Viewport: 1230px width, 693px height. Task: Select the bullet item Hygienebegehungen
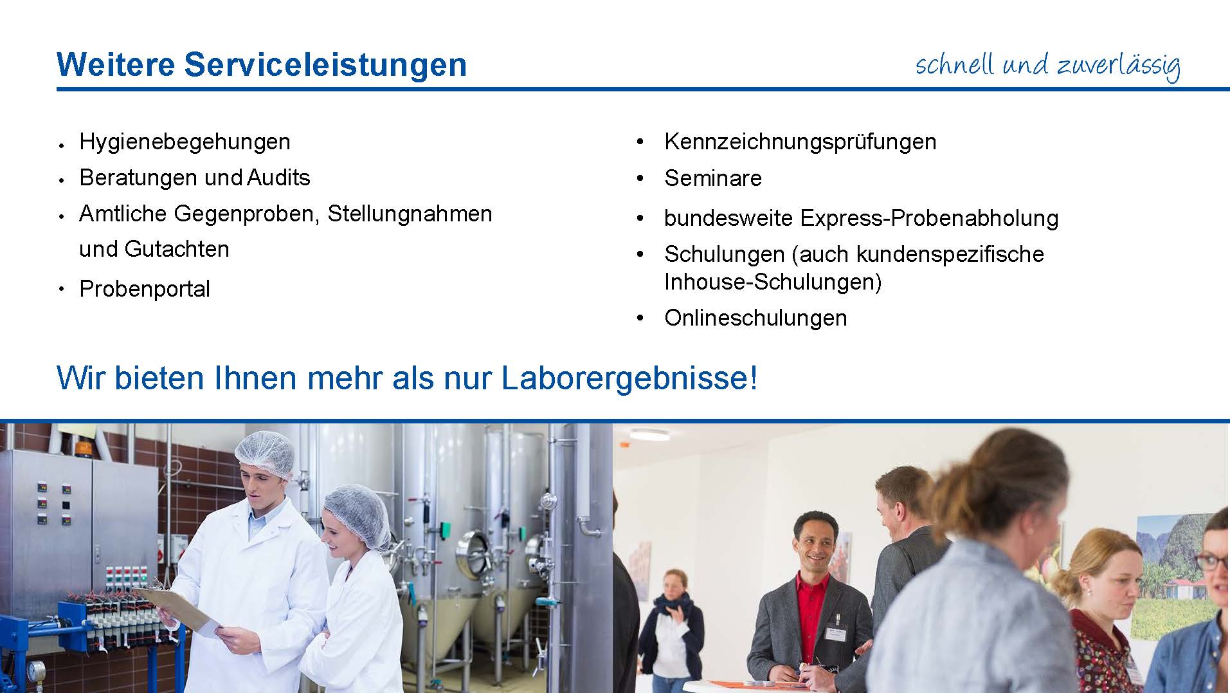pyautogui.click(x=185, y=142)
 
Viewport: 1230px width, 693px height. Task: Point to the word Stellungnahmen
pyautogui.click(x=410, y=214)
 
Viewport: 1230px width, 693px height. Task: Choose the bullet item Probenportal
pyautogui.click(x=145, y=289)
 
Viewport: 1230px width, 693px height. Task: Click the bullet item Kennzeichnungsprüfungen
pyautogui.click(x=800, y=142)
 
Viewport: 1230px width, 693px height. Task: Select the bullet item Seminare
pyautogui.click(x=713, y=178)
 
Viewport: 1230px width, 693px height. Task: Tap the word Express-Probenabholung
pyautogui.click(x=929, y=219)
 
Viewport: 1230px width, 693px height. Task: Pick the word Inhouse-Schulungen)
pyautogui.click(x=773, y=282)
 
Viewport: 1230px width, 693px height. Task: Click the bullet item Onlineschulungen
pyautogui.click(x=755, y=318)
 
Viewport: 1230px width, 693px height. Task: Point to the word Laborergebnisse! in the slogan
pyautogui.click(x=629, y=378)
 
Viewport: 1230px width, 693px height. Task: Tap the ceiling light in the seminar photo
pyautogui.click(x=649, y=435)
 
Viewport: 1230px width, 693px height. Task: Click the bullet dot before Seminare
pyautogui.click(x=640, y=178)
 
